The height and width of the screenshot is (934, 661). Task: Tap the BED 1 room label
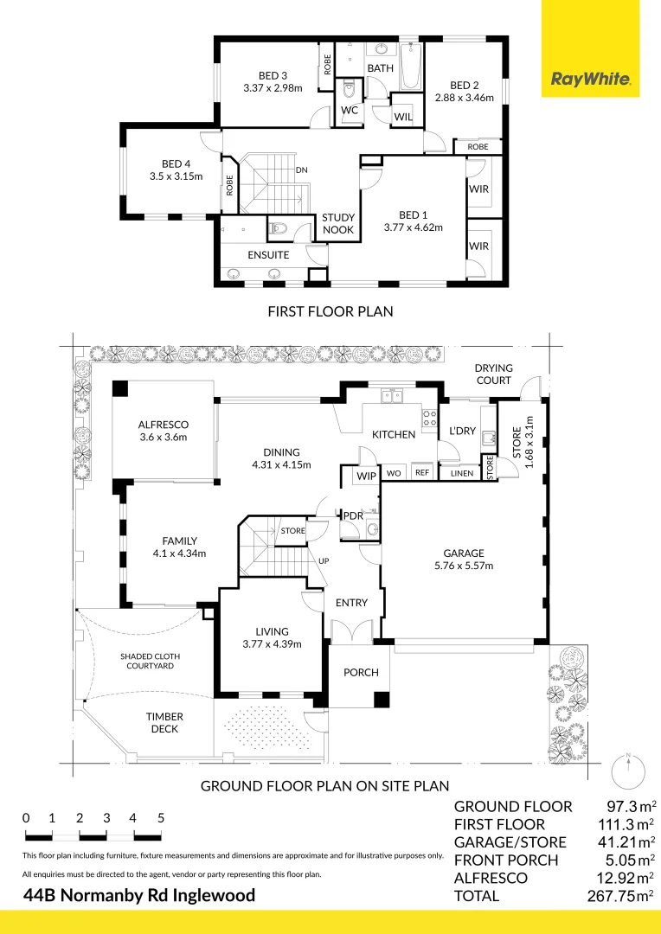[x=413, y=215]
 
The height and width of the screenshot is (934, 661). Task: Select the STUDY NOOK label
[x=338, y=223]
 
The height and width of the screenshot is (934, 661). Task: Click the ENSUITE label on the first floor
[x=268, y=255]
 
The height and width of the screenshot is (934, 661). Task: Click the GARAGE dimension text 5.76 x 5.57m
[x=464, y=566]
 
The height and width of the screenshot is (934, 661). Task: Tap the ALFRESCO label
[x=164, y=425]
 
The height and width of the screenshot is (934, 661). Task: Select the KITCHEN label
[x=394, y=435]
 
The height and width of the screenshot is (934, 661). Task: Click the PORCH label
[x=361, y=673]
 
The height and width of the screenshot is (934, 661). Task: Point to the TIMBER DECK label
[x=164, y=722]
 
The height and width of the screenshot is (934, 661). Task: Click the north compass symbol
[x=628, y=772]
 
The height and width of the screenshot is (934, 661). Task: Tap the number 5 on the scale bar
[x=161, y=818]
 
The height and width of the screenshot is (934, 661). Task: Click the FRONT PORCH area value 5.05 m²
[x=627, y=860]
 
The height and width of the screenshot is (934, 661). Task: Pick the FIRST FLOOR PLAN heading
[x=330, y=311]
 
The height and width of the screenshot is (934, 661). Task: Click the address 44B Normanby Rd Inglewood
[x=139, y=895]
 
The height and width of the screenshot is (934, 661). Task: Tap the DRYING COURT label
[x=493, y=374]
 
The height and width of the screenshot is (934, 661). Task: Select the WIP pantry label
[x=367, y=476]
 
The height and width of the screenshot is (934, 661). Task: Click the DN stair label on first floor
[x=302, y=170]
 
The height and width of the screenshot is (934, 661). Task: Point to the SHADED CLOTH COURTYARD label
[x=151, y=662]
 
